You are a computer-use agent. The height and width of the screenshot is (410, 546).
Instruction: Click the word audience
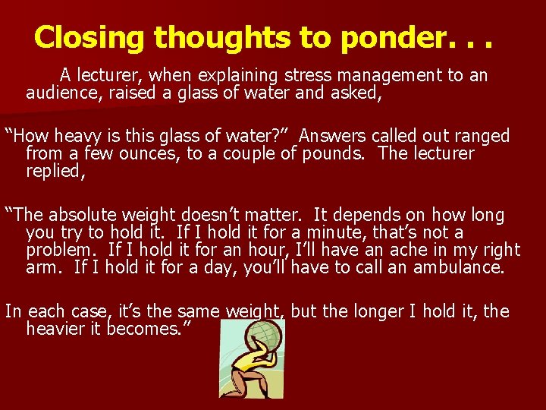(58, 93)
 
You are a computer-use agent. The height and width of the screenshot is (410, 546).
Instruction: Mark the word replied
(53, 171)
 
